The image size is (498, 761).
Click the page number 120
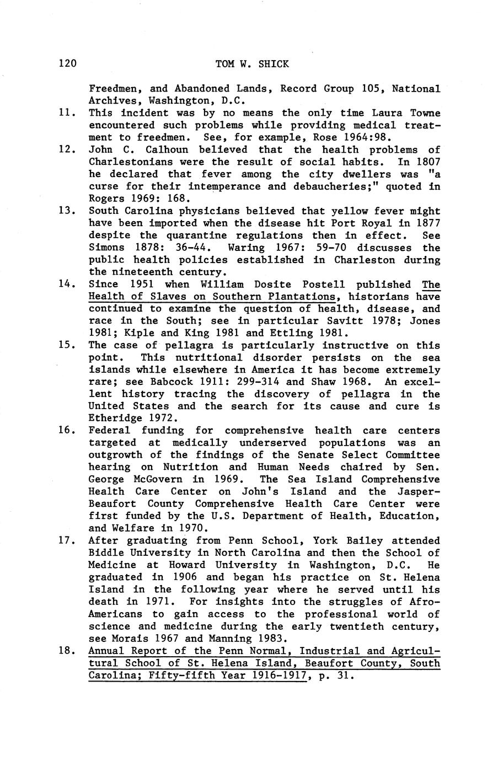point(67,64)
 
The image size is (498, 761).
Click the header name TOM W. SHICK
point(252,64)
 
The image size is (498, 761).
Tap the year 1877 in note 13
point(426,223)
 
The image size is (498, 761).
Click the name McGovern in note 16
point(158,479)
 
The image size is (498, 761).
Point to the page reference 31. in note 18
point(344,676)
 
